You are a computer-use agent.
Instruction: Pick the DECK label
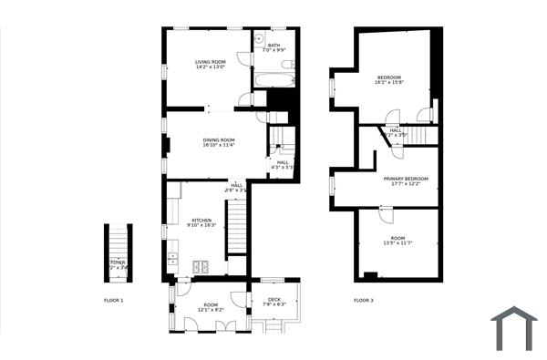coord(273,299)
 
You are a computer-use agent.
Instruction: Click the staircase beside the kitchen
coord(236,228)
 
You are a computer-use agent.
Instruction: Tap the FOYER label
coord(118,262)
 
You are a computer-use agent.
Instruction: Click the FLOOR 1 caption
coord(113,300)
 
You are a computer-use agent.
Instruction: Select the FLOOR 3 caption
coord(363,300)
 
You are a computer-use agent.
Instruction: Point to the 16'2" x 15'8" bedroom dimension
coord(391,83)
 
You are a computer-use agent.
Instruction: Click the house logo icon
coord(515,328)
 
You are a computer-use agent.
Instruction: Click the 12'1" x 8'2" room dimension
coord(211,310)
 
